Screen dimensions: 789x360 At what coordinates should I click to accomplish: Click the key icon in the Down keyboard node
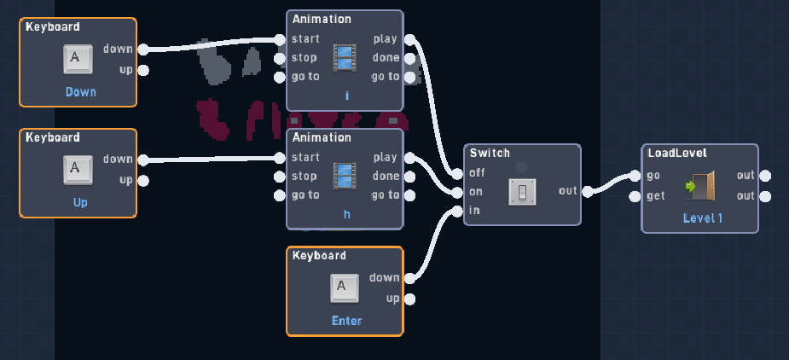tap(78, 60)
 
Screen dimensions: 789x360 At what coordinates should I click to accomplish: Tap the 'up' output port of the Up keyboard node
tap(143, 181)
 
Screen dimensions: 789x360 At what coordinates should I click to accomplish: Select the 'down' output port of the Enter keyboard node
tap(410, 278)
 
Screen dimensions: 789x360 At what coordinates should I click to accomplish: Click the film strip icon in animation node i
tap(345, 57)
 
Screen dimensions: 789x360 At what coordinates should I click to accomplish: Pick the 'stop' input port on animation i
tap(280, 58)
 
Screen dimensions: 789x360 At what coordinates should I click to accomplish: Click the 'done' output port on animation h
tap(410, 177)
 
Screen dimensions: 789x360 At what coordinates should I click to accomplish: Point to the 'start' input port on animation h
tap(280, 158)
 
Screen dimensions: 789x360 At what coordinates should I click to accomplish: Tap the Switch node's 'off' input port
tap(457, 174)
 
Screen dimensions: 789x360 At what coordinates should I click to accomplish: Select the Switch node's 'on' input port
tap(457, 193)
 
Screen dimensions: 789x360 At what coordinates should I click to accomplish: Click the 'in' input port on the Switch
tap(457, 212)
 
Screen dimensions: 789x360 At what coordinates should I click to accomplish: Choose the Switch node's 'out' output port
tap(587, 192)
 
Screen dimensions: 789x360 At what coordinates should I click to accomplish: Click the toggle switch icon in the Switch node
tap(522, 192)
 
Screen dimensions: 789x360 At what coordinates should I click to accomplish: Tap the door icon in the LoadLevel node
tap(700, 185)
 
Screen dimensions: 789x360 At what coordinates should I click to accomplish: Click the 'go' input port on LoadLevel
tap(635, 176)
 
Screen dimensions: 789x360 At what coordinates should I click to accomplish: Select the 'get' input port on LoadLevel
tap(635, 196)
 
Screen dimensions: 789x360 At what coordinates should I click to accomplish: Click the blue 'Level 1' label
tap(703, 218)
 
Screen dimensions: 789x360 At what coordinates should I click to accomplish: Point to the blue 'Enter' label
tap(346, 321)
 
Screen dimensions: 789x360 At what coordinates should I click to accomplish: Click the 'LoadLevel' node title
tap(677, 153)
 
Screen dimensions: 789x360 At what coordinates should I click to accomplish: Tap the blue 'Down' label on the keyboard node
tap(80, 92)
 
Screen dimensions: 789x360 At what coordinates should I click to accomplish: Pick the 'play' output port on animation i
tap(410, 39)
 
